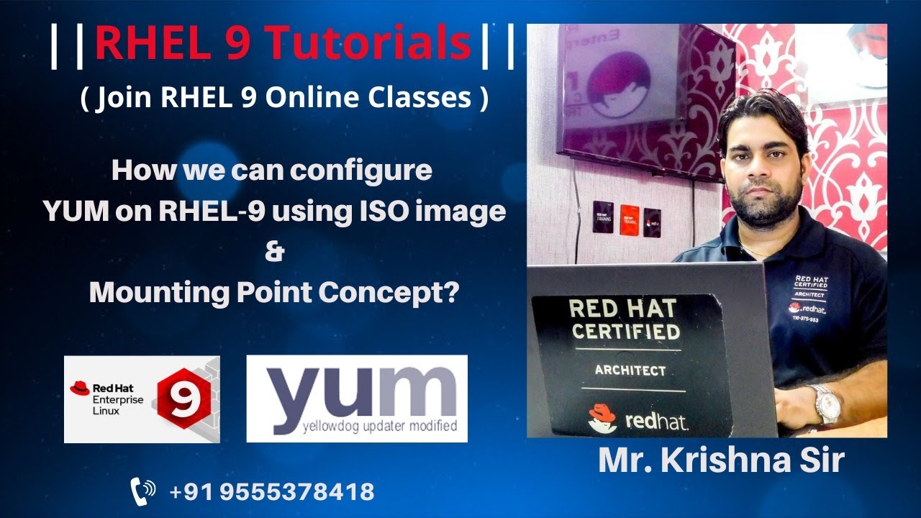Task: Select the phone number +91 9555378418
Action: click(272, 492)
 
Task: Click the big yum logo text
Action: click(356, 393)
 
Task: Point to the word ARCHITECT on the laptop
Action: click(630, 371)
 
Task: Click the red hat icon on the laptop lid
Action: click(602, 420)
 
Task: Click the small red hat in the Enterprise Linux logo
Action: click(79, 388)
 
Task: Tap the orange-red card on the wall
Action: click(630, 219)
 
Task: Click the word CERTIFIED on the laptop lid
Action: click(624, 332)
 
